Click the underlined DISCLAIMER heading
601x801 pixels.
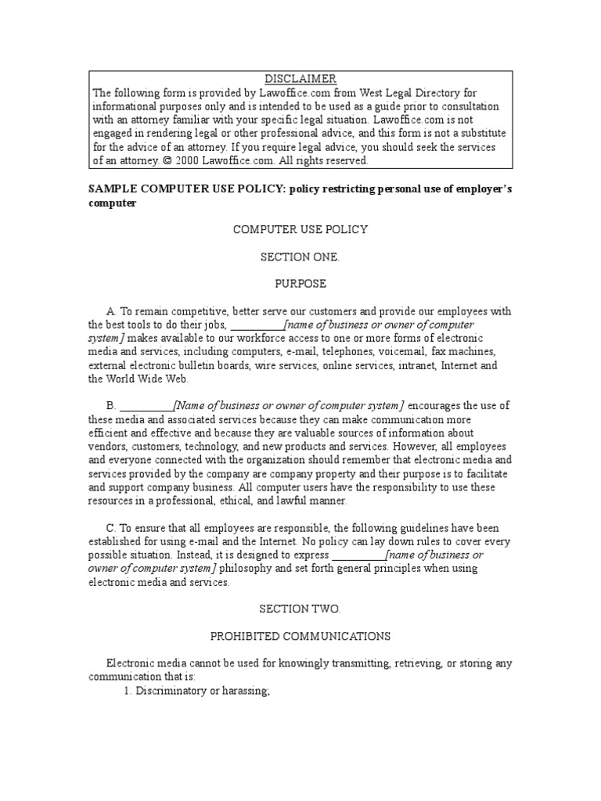pos(300,79)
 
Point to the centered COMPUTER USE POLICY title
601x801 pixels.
pos(300,230)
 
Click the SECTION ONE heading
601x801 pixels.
pos(300,257)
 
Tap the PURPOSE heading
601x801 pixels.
pos(300,283)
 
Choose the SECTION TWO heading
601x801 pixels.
pos(300,609)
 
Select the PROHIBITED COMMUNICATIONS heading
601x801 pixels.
pos(300,636)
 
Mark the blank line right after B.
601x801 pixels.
pos(146,405)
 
